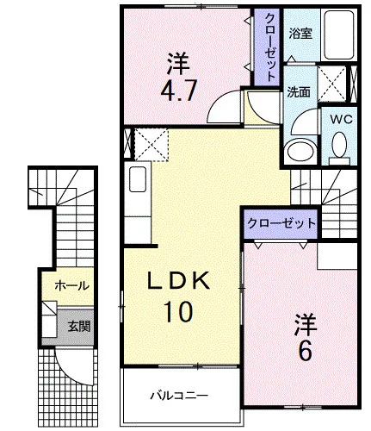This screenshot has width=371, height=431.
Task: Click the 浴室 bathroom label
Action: tap(300, 34)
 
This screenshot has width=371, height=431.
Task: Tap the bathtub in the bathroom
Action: tap(339, 35)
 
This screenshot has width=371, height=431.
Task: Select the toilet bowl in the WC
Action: tap(339, 145)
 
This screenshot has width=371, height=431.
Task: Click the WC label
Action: tap(341, 119)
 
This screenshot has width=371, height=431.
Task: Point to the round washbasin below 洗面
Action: tap(301, 149)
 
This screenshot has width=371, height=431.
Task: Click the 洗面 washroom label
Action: tap(299, 92)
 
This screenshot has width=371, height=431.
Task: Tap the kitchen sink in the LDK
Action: tap(138, 179)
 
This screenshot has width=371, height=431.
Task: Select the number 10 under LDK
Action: tap(178, 312)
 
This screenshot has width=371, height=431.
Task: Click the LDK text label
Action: tap(178, 281)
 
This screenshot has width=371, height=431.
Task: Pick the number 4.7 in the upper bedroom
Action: tap(178, 90)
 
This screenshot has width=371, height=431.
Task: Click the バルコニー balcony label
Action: tap(179, 396)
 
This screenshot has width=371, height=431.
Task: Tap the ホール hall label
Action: tap(71, 285)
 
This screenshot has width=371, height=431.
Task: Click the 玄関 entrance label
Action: tap(79, 327)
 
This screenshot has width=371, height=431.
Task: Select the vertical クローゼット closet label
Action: tap(269, 47)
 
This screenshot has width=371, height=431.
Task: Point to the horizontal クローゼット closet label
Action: tap(281, 223)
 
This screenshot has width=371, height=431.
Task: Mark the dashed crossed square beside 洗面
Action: tap(332, 84)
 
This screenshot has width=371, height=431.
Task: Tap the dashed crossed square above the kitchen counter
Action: tap(151, 145)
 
